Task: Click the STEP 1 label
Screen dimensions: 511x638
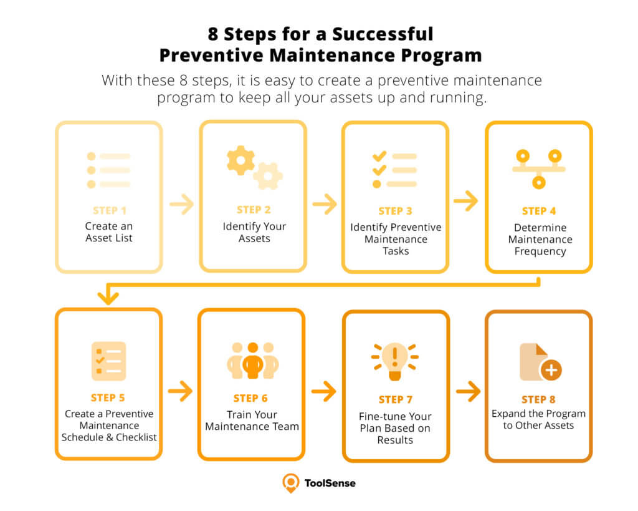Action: (109, 210)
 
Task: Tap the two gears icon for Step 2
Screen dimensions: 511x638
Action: (254, 167)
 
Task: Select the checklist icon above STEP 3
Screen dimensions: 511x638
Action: (395, 169)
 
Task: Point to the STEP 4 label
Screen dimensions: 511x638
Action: (539, 211)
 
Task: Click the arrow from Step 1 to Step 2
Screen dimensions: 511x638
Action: (181, 204)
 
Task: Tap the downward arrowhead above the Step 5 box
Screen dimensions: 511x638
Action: (109, 298)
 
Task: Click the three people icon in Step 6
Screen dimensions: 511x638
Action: (252, 360)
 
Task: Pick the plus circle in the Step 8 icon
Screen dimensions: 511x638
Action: (551, 370)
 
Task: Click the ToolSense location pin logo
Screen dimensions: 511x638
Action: (290, 482)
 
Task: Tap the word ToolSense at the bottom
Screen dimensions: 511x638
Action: (330, 482)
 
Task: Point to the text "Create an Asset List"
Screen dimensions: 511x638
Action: (109, 231)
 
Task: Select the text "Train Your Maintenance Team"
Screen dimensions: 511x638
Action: (252, 421)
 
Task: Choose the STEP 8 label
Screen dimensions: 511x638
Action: (539, 399)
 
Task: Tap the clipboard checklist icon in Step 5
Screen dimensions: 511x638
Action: (108, 361)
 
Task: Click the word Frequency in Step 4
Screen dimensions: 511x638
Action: (540, 251)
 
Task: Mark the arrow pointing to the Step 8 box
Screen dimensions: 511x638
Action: (468, 392)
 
